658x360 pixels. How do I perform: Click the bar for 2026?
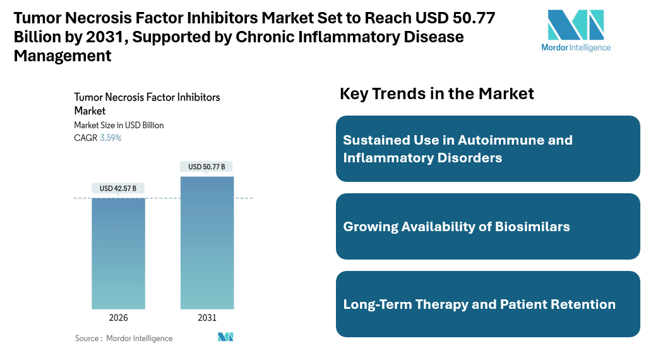click(x=118, y=253)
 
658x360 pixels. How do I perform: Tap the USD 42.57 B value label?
click(x=118, y=188)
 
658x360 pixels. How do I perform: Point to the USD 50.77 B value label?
click(x=206, y=167)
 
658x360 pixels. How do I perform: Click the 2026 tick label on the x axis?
click(x=118, y=318)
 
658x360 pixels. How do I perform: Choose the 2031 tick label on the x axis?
click(x=207, y=318)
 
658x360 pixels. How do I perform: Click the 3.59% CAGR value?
click(x=111, y=138)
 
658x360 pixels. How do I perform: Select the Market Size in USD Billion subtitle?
click(x=119, y=125)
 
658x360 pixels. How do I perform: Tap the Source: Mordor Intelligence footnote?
click(x=124, y=339)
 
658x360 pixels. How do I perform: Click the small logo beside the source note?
click(x=225, y=337)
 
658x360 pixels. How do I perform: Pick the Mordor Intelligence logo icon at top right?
click(x=575, y=25)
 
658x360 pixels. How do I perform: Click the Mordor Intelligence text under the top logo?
click(x=576, y=47)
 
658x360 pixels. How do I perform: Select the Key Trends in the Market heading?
click(x=437, y=93)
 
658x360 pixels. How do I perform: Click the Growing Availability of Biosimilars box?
click(x=488, y=226)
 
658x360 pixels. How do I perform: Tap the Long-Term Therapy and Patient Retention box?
click(x=488, y=304)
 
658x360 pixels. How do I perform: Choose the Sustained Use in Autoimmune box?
click(x=488, y=148)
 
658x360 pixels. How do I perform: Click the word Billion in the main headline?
click(x=39, y=37)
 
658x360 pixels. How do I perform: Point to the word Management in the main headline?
click(x=63, y=56)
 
